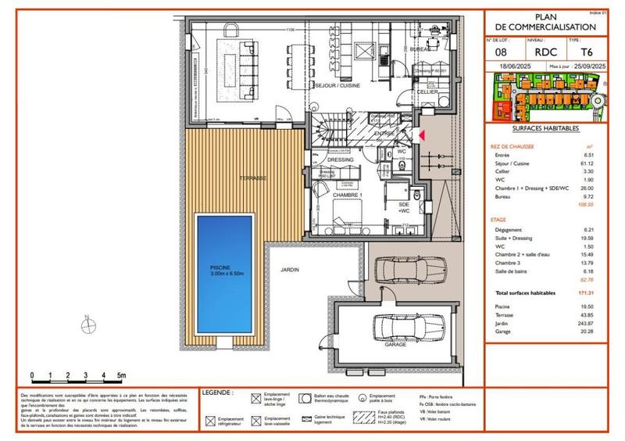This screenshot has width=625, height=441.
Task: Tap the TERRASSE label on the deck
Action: [x=252, y=178]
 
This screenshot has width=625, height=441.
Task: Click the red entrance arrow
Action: [x=422, y=136]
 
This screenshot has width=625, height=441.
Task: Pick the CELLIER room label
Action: [x=426, y=91]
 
